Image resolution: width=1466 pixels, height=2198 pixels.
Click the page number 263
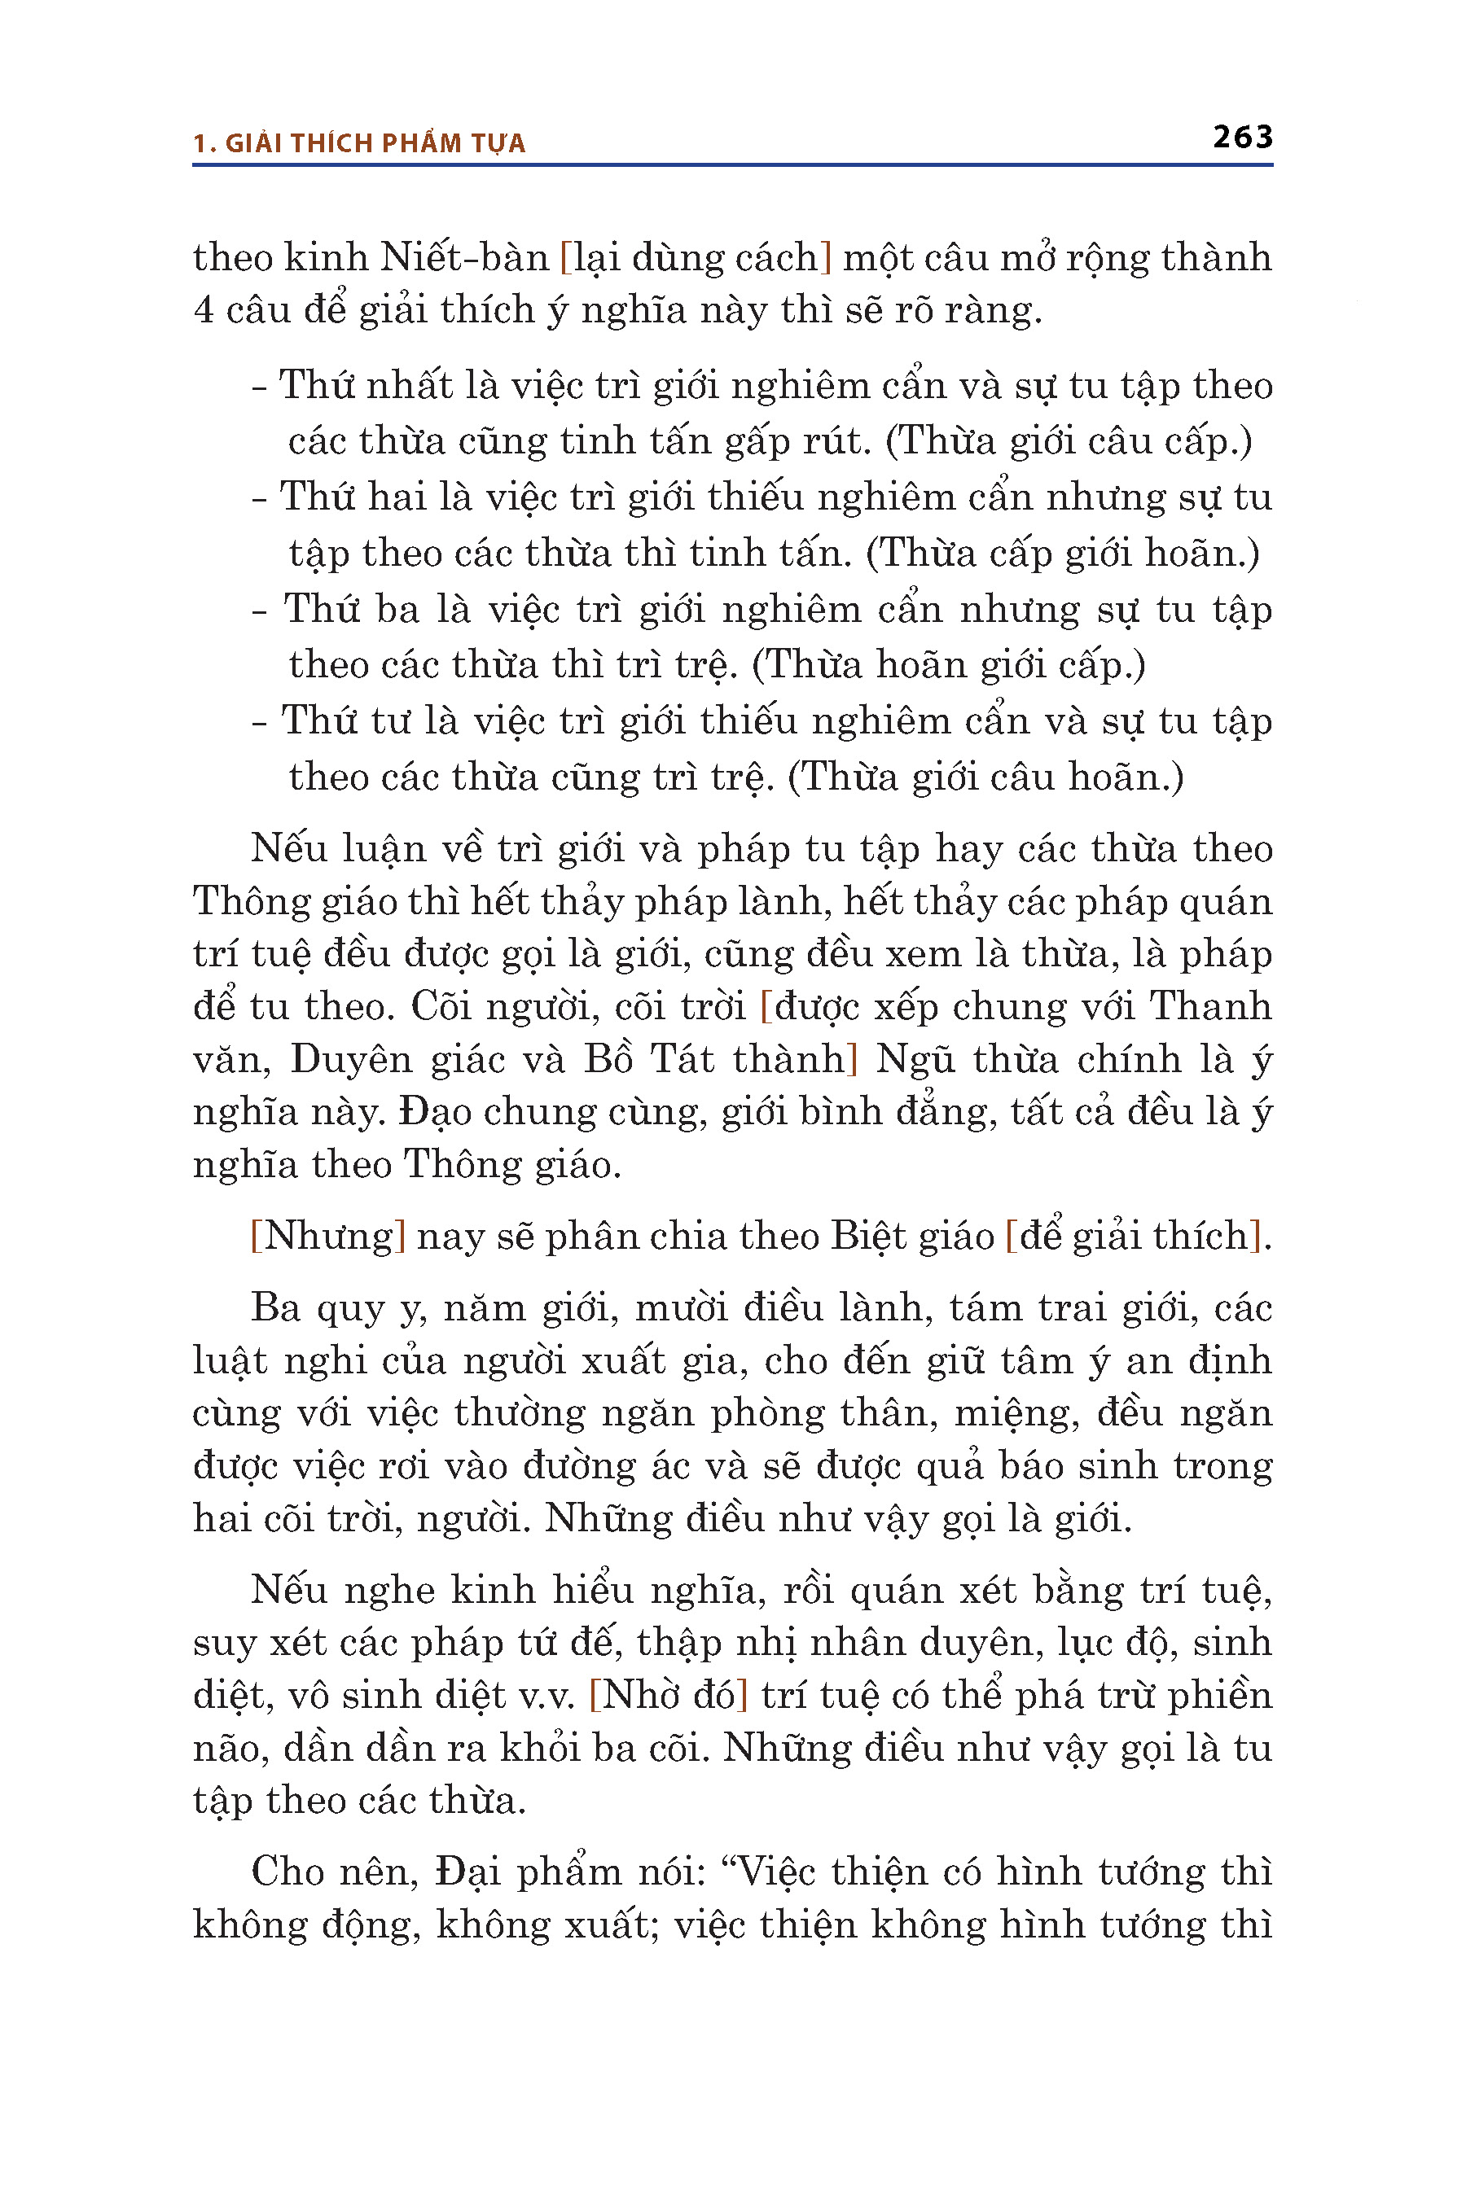(1243, 138)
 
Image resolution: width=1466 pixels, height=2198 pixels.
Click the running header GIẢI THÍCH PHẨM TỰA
(375, 143)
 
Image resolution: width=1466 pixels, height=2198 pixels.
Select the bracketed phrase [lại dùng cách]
(696, 257)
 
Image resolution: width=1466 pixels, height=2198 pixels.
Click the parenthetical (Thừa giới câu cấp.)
(1069, 440)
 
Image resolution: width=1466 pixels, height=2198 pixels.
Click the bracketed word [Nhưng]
(328, 1236)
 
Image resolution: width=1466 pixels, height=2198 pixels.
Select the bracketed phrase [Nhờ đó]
(669, 1694)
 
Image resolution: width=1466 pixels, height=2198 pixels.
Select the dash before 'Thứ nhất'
(260, 387)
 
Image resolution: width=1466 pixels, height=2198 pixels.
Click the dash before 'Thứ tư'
(260, 722)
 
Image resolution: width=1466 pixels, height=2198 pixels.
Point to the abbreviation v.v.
(547, 1695)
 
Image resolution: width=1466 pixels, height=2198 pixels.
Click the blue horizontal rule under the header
(732, 165)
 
